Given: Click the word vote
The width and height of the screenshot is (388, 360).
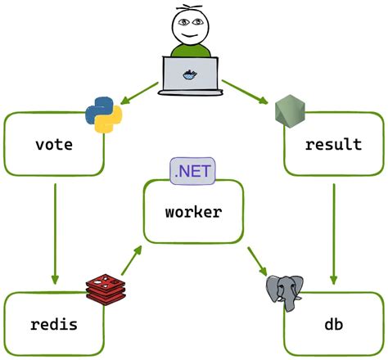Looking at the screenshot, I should [x=54, y=145].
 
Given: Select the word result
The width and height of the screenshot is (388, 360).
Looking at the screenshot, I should [x=333, y=145].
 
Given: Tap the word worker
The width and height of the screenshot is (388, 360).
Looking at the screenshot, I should [x=193, y=212].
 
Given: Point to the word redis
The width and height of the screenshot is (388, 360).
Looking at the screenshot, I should [x=54, y=324].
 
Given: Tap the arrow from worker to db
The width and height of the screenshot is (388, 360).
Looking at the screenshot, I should [x=257, y=258].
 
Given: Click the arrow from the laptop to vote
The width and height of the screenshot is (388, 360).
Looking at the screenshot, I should [x=139, y=92].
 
